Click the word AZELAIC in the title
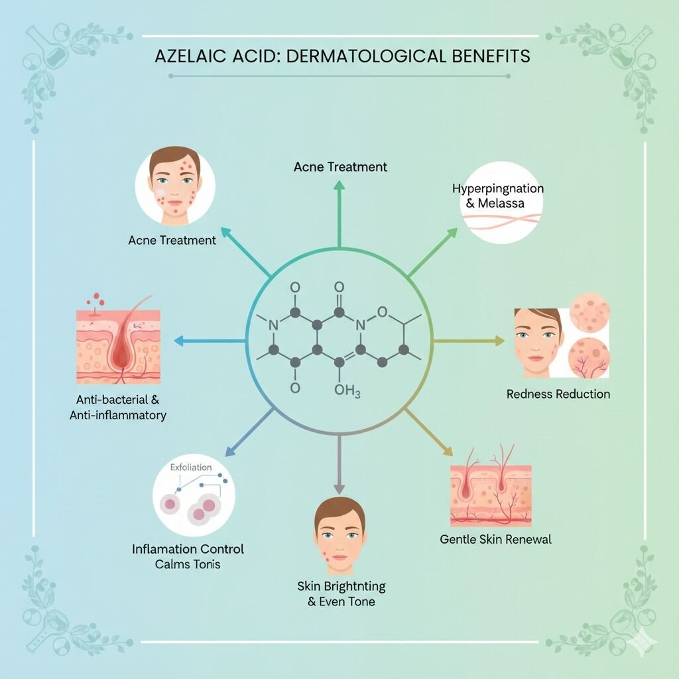[190, 57]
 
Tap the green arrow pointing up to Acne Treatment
[339, 214]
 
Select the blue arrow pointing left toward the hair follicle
[210, 341]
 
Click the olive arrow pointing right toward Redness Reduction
[469, 341]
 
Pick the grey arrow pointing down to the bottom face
[339, 464]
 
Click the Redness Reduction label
[558, 394]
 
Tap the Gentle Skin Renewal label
[495, 539]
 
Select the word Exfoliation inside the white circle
[191, 467]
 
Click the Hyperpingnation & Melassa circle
[501, 202]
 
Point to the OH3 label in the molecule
[347, 391]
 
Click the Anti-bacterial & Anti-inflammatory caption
[118, 407]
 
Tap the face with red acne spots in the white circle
[175, 186]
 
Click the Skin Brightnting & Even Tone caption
[341, 593]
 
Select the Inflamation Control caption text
[188, 549]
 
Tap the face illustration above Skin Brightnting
[339, 535]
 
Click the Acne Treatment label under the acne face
[172, 240]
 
